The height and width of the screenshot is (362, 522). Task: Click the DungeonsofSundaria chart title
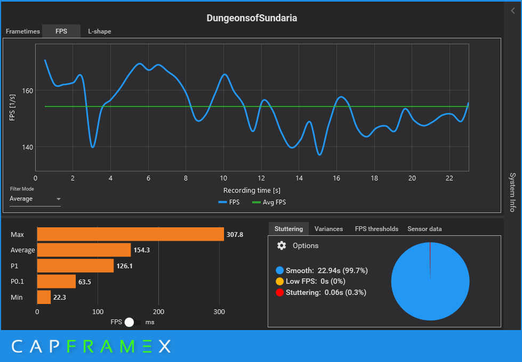point(252,18)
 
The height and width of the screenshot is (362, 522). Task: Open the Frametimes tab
point(23,31)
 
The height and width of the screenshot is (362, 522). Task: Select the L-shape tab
point(100,31)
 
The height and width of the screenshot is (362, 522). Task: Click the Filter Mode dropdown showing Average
point(35,199)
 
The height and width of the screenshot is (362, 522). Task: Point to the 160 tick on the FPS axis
point(27,90)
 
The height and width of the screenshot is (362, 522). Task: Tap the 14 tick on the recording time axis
point(299,178)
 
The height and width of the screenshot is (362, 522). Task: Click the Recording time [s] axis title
point(252,190)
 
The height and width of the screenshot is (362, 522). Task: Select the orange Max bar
point(130,234)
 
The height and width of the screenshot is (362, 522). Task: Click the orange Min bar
point(44,297)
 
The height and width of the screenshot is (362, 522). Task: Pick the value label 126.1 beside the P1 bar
point(124,266)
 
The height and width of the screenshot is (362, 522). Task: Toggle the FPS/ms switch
point(133,322)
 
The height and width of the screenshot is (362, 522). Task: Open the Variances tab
point(328,229)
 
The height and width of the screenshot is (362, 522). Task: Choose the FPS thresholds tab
point(376,229)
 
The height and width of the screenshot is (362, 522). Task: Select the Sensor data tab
point(424,229)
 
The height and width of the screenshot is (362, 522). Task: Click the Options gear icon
point(282,245)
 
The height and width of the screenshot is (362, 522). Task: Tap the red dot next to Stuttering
point(280,292)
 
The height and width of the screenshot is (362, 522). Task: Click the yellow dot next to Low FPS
point(280,282)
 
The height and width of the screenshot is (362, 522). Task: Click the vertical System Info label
point(512,192)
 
